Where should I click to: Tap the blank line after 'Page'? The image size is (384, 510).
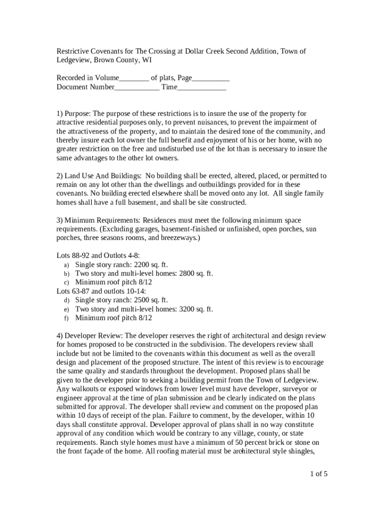pos(210,79)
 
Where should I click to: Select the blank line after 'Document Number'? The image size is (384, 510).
pos(137,87)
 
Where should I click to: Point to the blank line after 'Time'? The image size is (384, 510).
pos(201,87)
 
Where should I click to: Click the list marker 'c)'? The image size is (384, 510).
pos(66,282)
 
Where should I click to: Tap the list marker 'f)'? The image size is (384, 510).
pos(66,318)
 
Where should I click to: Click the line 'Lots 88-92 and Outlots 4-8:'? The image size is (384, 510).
pos(98,255)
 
